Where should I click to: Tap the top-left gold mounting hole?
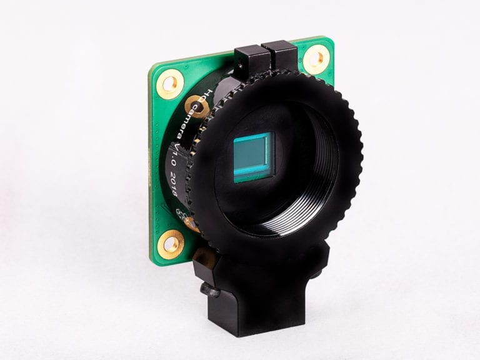point(169,82)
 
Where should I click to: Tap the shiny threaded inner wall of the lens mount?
point(312,187)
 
